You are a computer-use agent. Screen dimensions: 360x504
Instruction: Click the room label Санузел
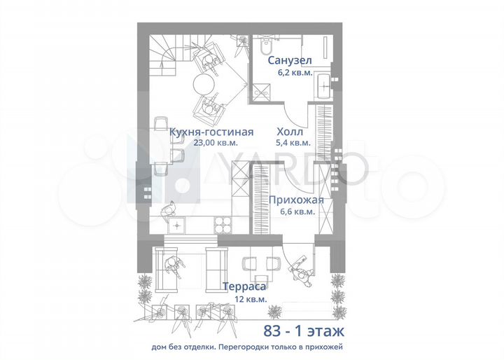290,61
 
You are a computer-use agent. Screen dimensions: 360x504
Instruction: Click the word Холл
290,131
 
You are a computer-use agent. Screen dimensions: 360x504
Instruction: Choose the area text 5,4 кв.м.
290,142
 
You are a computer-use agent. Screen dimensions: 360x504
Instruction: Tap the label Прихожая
296,199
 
